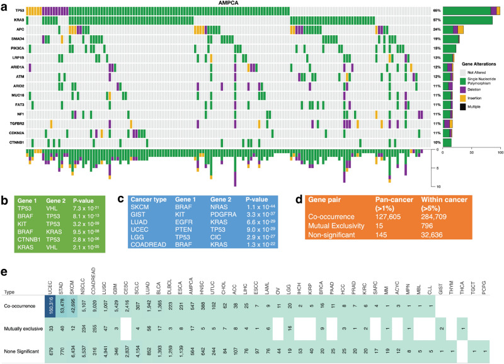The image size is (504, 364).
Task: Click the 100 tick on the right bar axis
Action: tap(500, 153)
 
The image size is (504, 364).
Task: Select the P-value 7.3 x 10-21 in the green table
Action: tap(89, 208)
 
